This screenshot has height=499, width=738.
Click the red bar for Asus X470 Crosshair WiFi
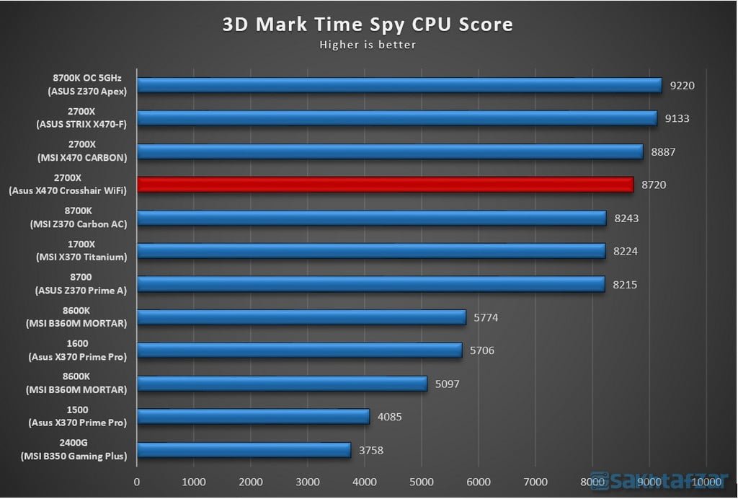tap(385, 185)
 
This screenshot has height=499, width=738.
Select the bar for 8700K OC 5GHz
tap(399, 85)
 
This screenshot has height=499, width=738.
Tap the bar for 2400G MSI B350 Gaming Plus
tap(244, 451)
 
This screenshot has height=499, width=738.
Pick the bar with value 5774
tap(301, 317)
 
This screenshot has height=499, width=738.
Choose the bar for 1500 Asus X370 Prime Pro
tap(253, 417)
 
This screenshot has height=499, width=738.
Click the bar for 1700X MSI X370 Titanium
tap(371, 251)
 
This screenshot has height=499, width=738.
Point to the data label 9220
tap(682, 85)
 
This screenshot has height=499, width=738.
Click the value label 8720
tap(654, 185)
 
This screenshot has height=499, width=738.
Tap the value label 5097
tap(448, 384)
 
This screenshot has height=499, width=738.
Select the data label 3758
tap(371, 451)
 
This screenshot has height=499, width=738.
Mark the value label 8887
tap(663, 151)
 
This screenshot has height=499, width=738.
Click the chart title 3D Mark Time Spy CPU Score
tap(368, 24)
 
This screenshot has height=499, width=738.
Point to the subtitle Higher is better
tap(368, 45)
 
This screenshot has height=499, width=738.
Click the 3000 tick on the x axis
tap(308, 482)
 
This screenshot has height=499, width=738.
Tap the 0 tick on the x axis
tap(137, 482)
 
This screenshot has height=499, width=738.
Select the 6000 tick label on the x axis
tap(479, 482)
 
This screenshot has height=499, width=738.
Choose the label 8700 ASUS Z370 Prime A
tap(81, 284)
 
